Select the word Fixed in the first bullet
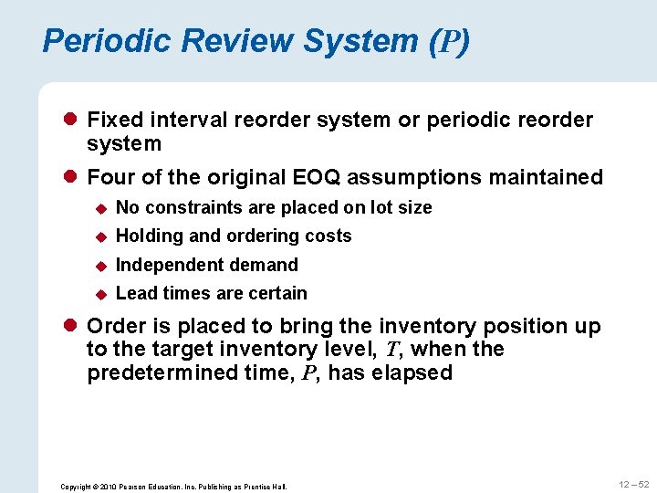[113, 121]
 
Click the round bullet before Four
[71, 177]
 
